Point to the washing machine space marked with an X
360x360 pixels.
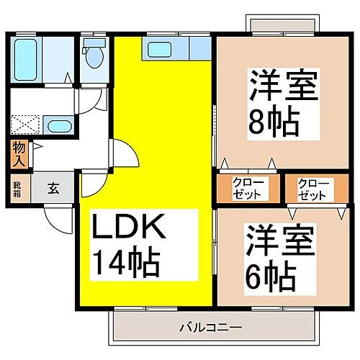(x=26, y=123)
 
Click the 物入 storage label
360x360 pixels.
(x=19, y=153)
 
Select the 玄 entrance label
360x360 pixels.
(x=55, y=189)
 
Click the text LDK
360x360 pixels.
(x=130, y=232)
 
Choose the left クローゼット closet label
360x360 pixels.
(x=248, y=189)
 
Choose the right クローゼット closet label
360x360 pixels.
(x=312, y=189)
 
